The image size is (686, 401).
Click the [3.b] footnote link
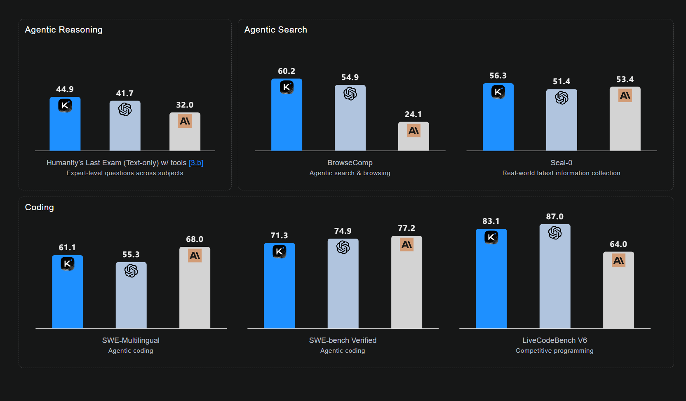pos(196,163)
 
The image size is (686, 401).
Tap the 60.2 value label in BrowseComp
pos(287,71)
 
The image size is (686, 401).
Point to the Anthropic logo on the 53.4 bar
pos(625,96)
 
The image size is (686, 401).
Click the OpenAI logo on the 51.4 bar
pos(561,98)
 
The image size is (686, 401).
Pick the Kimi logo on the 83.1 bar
pos(491,237)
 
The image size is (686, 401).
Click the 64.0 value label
pos(618,244)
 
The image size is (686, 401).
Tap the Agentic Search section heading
pos(275,30)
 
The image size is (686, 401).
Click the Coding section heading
pos(39,207)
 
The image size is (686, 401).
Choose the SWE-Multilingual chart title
pos(131,340)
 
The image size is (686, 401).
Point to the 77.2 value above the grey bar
pos(406,228)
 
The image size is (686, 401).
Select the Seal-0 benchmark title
pos(561,163)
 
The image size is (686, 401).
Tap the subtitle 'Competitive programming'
pos(554,351)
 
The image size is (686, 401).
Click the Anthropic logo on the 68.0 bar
pos(195,256)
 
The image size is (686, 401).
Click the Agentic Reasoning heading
pos(63,30)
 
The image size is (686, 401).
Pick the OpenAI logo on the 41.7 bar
pos(125,109)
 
